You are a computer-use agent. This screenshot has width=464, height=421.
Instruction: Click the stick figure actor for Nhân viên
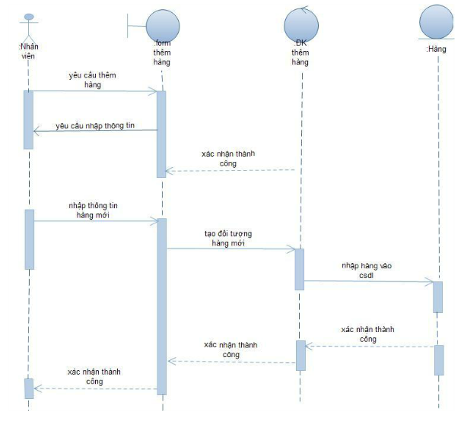click(30, 27)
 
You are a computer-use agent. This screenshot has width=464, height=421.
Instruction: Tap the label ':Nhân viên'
click(29, 51)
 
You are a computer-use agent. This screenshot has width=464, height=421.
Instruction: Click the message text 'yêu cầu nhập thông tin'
click(95, 125)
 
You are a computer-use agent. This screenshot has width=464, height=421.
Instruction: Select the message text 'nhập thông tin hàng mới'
click(93, 210)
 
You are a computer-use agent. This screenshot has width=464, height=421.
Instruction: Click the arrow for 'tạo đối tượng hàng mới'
click(230, 248)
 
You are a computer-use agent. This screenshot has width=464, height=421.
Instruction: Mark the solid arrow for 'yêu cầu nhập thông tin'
click(95, 131)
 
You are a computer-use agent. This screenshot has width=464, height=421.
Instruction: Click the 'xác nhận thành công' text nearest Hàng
click(368, 334)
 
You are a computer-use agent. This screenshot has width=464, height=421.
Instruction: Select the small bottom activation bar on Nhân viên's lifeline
click(29, 388)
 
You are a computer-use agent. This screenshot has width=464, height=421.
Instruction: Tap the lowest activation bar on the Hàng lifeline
click(438, 359)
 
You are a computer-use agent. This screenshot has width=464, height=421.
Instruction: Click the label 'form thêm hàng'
click(161, 52)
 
